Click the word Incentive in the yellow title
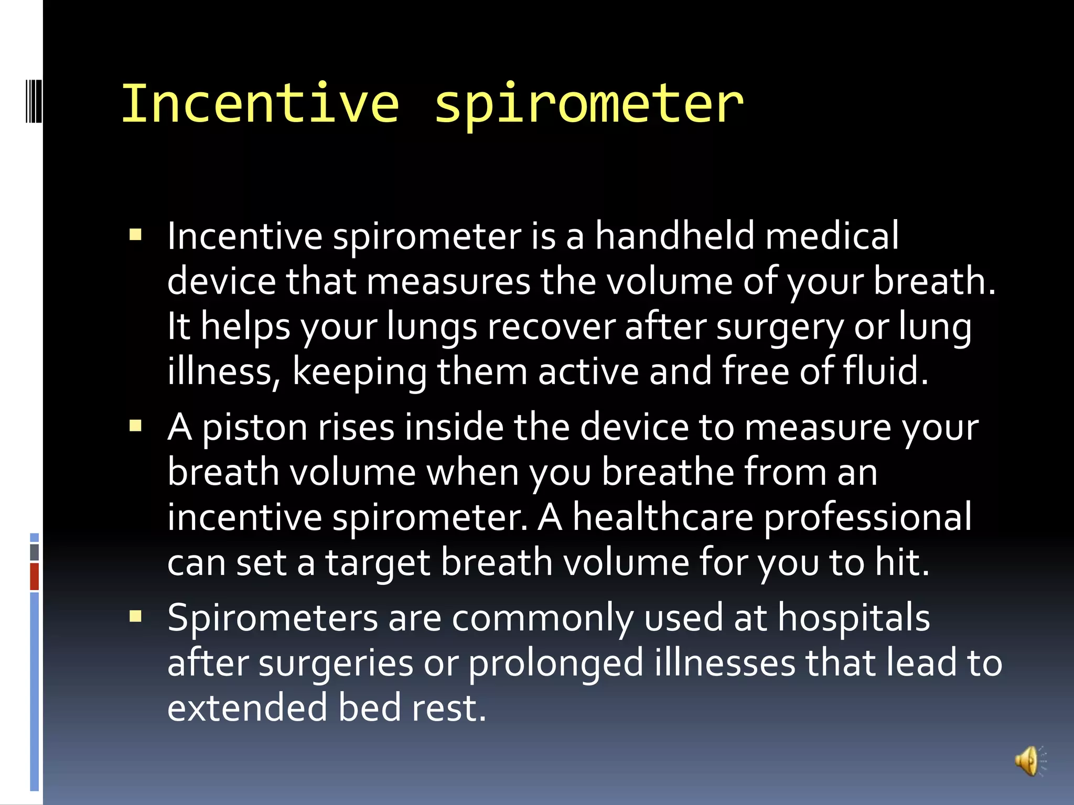point(261,104)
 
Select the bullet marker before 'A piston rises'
point(136,426)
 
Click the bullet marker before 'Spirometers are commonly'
point(136,616)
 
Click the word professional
point(867,518)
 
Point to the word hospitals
point(853,617)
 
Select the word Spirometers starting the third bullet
point(273,617)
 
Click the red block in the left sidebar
point(35,576)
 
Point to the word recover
point(551,326)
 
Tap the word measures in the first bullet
point(448,281)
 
